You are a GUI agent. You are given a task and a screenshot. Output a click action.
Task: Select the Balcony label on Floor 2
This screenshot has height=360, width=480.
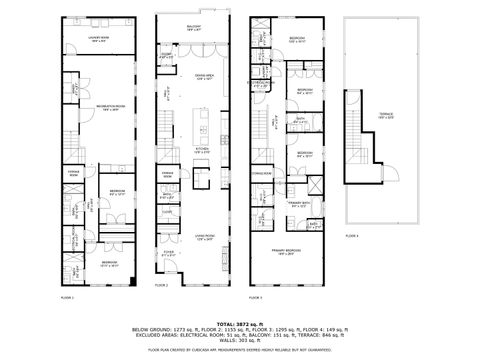194,29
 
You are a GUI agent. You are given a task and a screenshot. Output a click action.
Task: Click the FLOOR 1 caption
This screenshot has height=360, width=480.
67,297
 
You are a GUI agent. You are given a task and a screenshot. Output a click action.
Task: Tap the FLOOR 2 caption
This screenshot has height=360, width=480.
159,297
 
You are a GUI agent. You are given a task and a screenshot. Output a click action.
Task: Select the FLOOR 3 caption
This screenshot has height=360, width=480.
254,297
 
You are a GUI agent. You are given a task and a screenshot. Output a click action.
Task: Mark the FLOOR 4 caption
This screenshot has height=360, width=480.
351,236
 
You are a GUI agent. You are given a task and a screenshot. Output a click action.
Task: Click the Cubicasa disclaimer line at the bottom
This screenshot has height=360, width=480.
240,351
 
